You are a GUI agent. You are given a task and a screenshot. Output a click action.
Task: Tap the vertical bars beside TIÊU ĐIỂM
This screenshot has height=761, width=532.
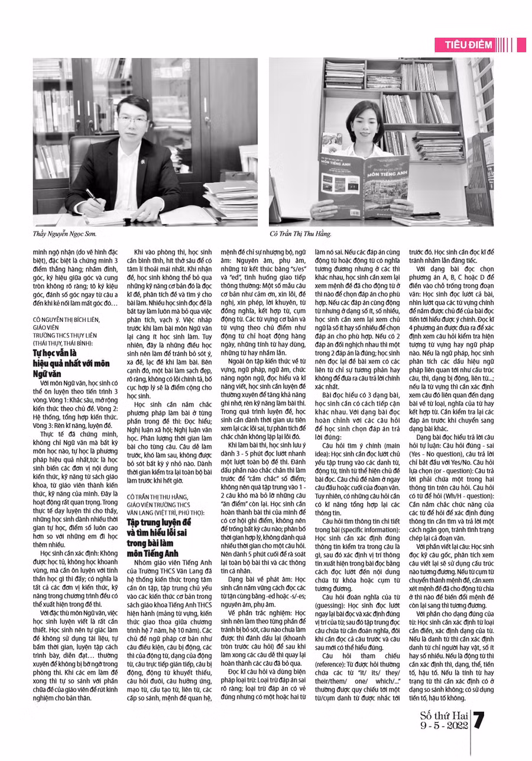(505, 45)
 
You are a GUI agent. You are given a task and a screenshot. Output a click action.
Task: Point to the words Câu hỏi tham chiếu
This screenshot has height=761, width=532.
(349, 656)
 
